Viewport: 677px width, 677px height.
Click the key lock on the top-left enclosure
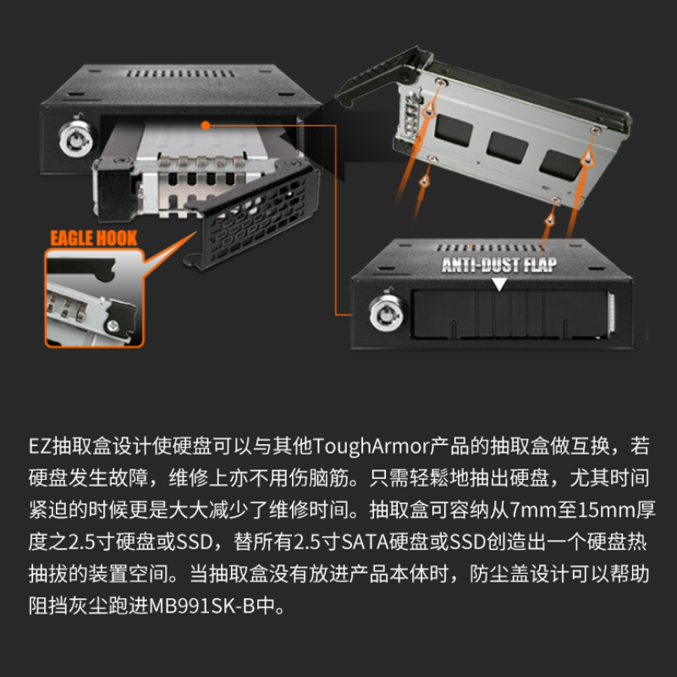[67, 135]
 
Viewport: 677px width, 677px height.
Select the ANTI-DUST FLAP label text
[499, 265]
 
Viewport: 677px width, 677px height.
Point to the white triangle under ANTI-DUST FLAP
[499, 284]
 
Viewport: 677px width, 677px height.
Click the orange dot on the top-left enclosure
[205, 125]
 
